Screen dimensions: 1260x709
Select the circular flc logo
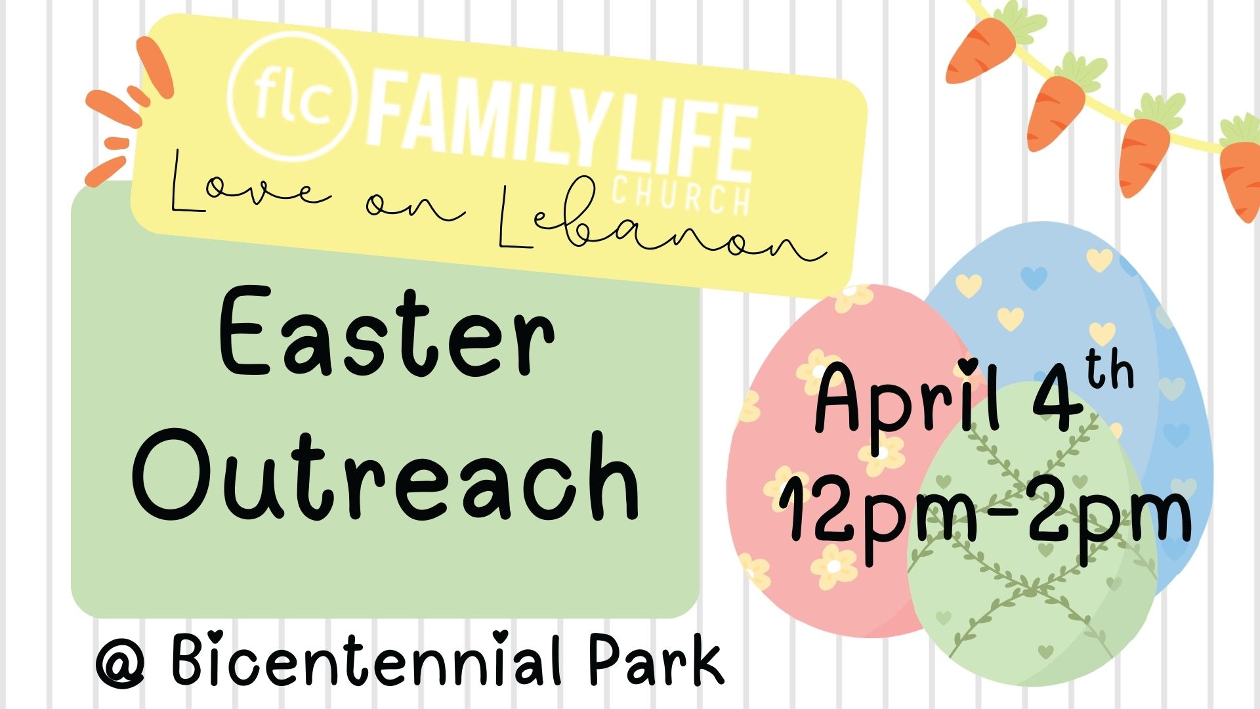coord(291,97)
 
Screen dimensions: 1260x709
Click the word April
coord(906,399)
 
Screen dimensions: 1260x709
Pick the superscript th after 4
coord(1109,372)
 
